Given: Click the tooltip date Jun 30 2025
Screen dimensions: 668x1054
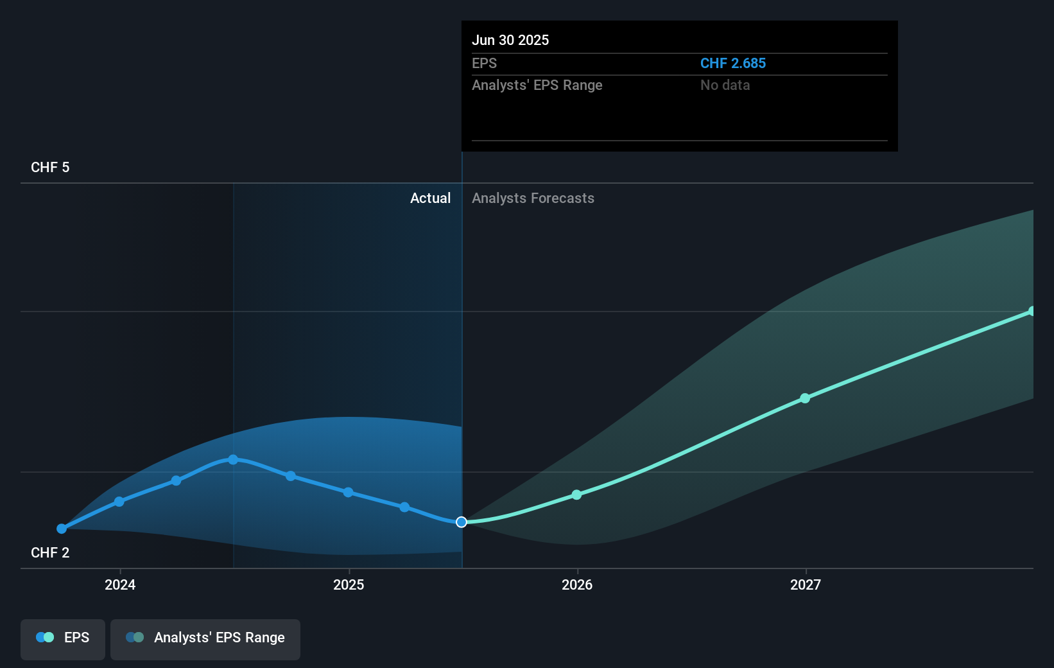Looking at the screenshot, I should [510, 40].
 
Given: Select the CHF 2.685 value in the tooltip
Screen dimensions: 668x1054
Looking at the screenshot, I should [732, 63].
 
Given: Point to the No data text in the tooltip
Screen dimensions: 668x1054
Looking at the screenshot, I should [725, 85].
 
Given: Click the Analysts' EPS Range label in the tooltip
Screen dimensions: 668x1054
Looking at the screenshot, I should [537, 85].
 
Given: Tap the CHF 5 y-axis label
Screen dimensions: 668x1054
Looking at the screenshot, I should [50, 167].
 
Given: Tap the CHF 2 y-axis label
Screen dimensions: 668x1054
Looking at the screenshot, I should [50, 552].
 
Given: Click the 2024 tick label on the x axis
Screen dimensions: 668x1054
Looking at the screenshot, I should [120, 584].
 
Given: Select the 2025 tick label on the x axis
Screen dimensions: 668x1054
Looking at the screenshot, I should [349, 584].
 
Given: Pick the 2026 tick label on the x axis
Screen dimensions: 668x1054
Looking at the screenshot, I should [577, 584].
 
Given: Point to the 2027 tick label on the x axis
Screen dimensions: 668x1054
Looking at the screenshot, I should [806, 584].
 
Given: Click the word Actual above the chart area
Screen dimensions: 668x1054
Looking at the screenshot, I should [430, 198].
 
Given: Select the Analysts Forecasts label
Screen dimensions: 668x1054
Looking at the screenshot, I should [533, 198].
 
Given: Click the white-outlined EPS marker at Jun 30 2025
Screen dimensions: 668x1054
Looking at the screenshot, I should [462, 522].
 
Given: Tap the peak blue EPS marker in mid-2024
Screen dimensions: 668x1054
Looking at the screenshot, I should [233, 460].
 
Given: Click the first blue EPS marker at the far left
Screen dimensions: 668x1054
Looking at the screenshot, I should [62, 529].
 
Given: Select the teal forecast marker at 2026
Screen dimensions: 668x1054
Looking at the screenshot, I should [576, 495].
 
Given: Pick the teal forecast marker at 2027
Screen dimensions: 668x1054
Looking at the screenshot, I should [805, 398].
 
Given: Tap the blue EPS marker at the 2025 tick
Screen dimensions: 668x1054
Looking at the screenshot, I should [348, 493].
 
